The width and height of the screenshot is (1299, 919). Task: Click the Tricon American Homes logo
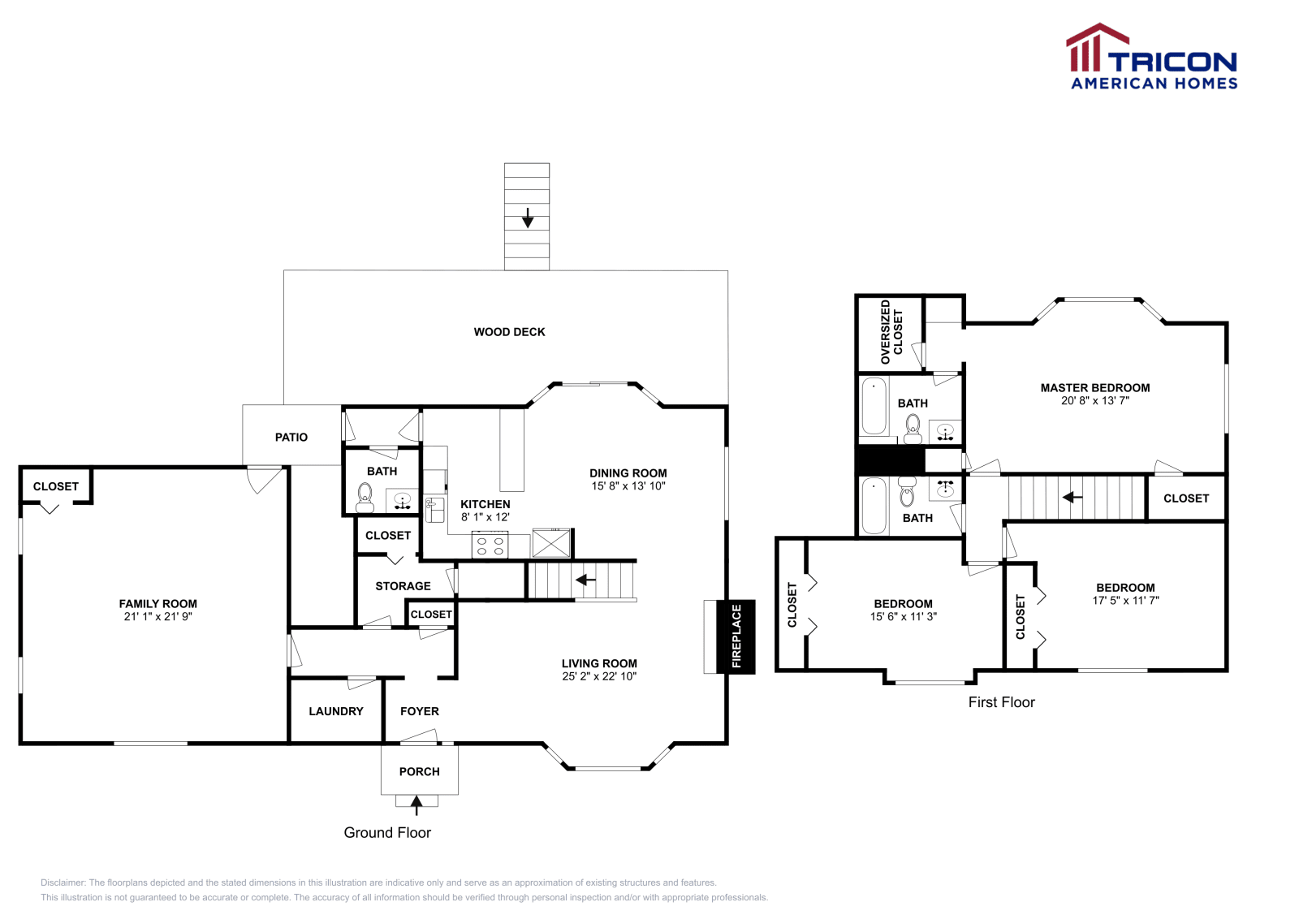[1152, 56]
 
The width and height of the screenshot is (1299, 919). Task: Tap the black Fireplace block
[736, 636]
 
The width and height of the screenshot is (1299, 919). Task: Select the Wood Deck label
[509, 332]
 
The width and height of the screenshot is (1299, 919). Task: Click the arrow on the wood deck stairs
[527, 218]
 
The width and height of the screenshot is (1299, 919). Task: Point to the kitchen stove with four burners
[490, 545]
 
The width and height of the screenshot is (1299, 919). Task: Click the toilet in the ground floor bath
[365, 498]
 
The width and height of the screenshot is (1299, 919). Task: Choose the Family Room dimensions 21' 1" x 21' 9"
[158, 616]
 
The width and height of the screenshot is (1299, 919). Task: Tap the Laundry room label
[336, 711]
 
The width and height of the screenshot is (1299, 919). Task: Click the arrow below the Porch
[416, 805]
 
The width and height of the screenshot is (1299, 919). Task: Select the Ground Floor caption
[387, 833]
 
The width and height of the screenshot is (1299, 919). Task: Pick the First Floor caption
[1002, 702]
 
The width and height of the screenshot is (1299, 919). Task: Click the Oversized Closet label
[891, 332]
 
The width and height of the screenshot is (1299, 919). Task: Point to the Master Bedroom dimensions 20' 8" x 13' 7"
[1095, 401]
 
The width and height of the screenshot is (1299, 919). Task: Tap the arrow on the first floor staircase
[1072, 498]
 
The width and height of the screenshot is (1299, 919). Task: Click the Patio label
[291, 438]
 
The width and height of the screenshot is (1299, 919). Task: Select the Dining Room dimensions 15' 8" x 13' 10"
[628, 485]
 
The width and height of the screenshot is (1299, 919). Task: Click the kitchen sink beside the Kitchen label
[434, 510]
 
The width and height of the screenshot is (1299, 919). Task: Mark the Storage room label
[403, 586]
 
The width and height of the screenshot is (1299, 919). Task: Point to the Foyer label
[419, 711]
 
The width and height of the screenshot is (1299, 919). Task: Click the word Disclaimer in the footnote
[63, 882]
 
